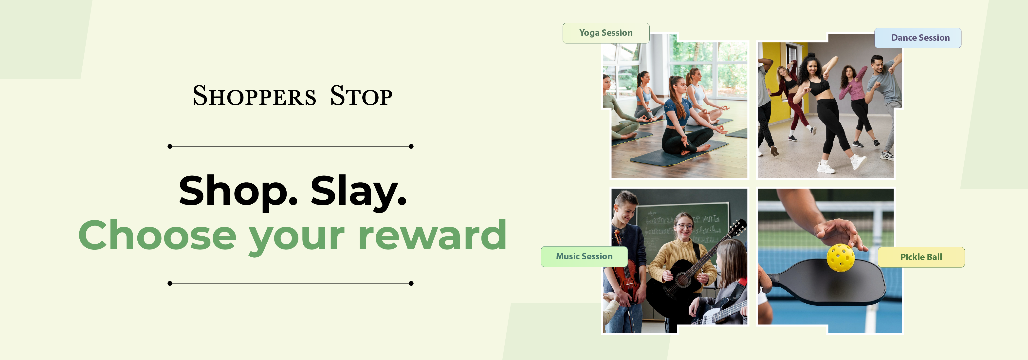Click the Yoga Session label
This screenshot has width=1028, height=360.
coord(606,33)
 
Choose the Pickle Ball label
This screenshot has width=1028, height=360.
coord(921,257)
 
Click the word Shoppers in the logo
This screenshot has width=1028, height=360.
coord(254,96)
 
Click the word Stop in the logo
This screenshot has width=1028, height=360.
coord(361,96)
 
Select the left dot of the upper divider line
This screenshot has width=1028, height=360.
coord(170,147)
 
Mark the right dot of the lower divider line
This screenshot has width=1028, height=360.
coord(411,283)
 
